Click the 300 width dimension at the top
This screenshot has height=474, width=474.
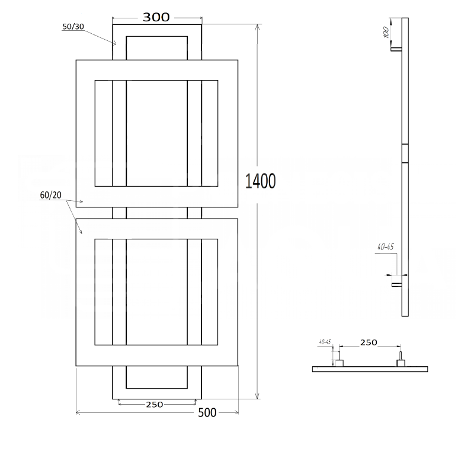point(156,18)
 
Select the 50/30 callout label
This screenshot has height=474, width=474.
point(73,27)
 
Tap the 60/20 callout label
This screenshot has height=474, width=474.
point(51,196)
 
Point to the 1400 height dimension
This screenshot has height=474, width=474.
point(260,181)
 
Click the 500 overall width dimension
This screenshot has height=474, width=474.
point(207,412)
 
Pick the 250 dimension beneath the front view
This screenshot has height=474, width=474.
point(155,405)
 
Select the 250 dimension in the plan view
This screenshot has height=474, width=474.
point(369,342)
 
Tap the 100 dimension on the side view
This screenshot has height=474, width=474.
point(386,32)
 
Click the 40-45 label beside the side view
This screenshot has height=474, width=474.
point(386,247)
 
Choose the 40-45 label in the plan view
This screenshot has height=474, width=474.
point(325,342)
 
